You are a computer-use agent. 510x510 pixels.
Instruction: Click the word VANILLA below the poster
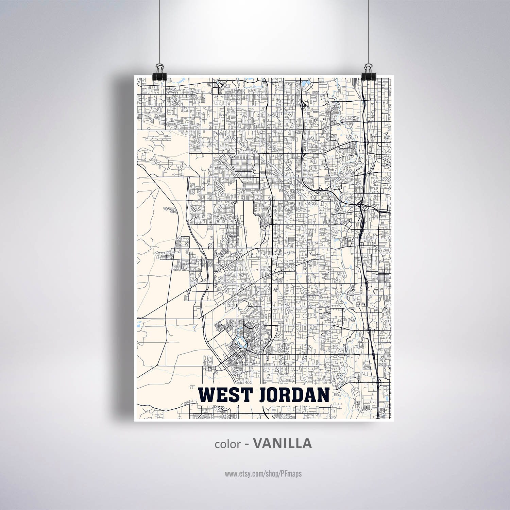[283, 443]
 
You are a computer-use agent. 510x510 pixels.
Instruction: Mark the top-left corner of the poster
[134, 75]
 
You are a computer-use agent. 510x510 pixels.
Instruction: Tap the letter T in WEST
[244, 395]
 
